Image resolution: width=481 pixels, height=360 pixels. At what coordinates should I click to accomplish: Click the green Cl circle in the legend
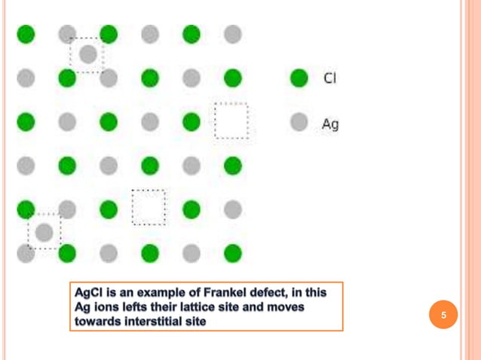[x=299, y=78]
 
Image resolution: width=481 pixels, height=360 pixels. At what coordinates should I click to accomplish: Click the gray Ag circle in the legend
[x=299, y=123]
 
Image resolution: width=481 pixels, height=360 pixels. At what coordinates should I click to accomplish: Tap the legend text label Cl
[x=329, y=78]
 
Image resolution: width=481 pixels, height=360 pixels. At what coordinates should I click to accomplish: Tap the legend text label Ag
[x=329, y=124]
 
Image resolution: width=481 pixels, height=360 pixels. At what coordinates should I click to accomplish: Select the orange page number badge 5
[x=444, y=315]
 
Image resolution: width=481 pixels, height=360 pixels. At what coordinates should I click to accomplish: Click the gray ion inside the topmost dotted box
[x=88, y=53]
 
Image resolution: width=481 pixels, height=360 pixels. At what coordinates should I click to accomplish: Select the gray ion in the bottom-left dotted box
[x=44, y=231]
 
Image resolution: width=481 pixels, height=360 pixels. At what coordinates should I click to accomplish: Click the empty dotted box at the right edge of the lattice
[x=231, y=121]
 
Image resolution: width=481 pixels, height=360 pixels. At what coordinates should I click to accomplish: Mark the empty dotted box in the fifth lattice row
[x=149, y=207]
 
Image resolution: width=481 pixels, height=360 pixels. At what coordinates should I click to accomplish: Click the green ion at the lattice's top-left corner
[x=26, y=34]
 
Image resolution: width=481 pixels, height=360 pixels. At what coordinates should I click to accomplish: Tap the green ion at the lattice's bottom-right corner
[x=233, y=252]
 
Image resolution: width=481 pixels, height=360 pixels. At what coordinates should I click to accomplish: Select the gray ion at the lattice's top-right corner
[x=233, y=34]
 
